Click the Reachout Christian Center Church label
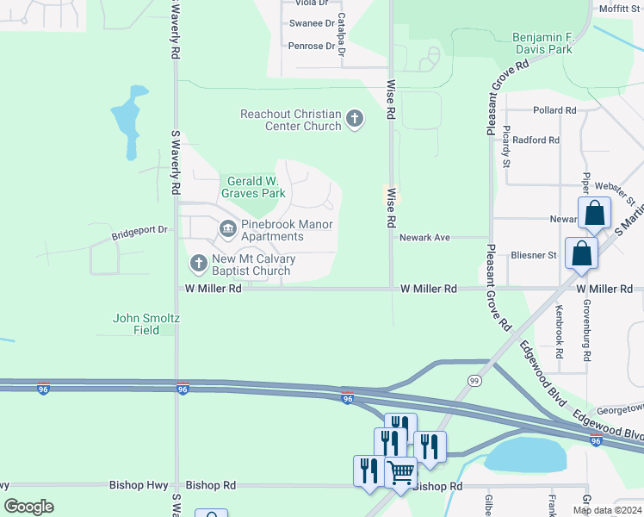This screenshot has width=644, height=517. tap(291, 120)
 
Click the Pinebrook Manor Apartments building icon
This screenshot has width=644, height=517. tap(228, 228)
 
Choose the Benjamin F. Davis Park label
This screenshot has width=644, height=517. tap(554, 44)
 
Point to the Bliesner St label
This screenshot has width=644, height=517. tap(533, 255)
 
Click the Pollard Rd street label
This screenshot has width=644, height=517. tap(554, 110)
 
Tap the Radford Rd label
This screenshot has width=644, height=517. tap(536, 140)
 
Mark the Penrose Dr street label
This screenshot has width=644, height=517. tap(311, 46)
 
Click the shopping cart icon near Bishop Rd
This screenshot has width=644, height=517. tap(400, 472)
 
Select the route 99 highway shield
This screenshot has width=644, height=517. tap(474, 380)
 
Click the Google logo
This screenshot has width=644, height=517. tap(28, 507)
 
